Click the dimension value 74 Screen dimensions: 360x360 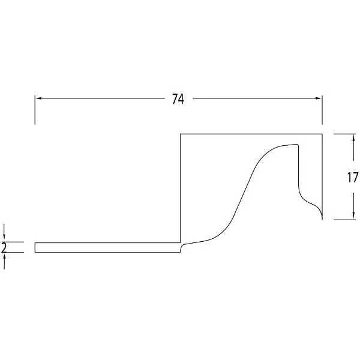(178, 99)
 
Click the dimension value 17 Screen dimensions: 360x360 (352, 178)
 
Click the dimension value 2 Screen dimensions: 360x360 (4, 247)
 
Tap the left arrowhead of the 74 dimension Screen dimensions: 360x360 (39, 98)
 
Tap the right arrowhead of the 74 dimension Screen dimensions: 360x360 (318, 98)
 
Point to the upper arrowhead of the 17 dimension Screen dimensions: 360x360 (353, 138)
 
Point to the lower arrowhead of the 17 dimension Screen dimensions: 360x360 (353, 215)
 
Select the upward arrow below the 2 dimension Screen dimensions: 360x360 (4, 261)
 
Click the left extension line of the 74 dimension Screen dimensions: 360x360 (35, 110)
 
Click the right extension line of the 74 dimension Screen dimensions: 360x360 (322, 110)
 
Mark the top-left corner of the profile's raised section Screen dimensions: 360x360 (181, 134)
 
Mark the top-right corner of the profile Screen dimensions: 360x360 (322, 134)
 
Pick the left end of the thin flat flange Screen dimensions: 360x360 (35, 247)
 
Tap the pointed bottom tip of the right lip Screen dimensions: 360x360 (322, 220)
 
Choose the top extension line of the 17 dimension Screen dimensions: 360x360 (344, 134)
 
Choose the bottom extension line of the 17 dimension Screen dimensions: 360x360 (344, 220)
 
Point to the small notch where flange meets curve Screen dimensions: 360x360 (181, 247)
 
